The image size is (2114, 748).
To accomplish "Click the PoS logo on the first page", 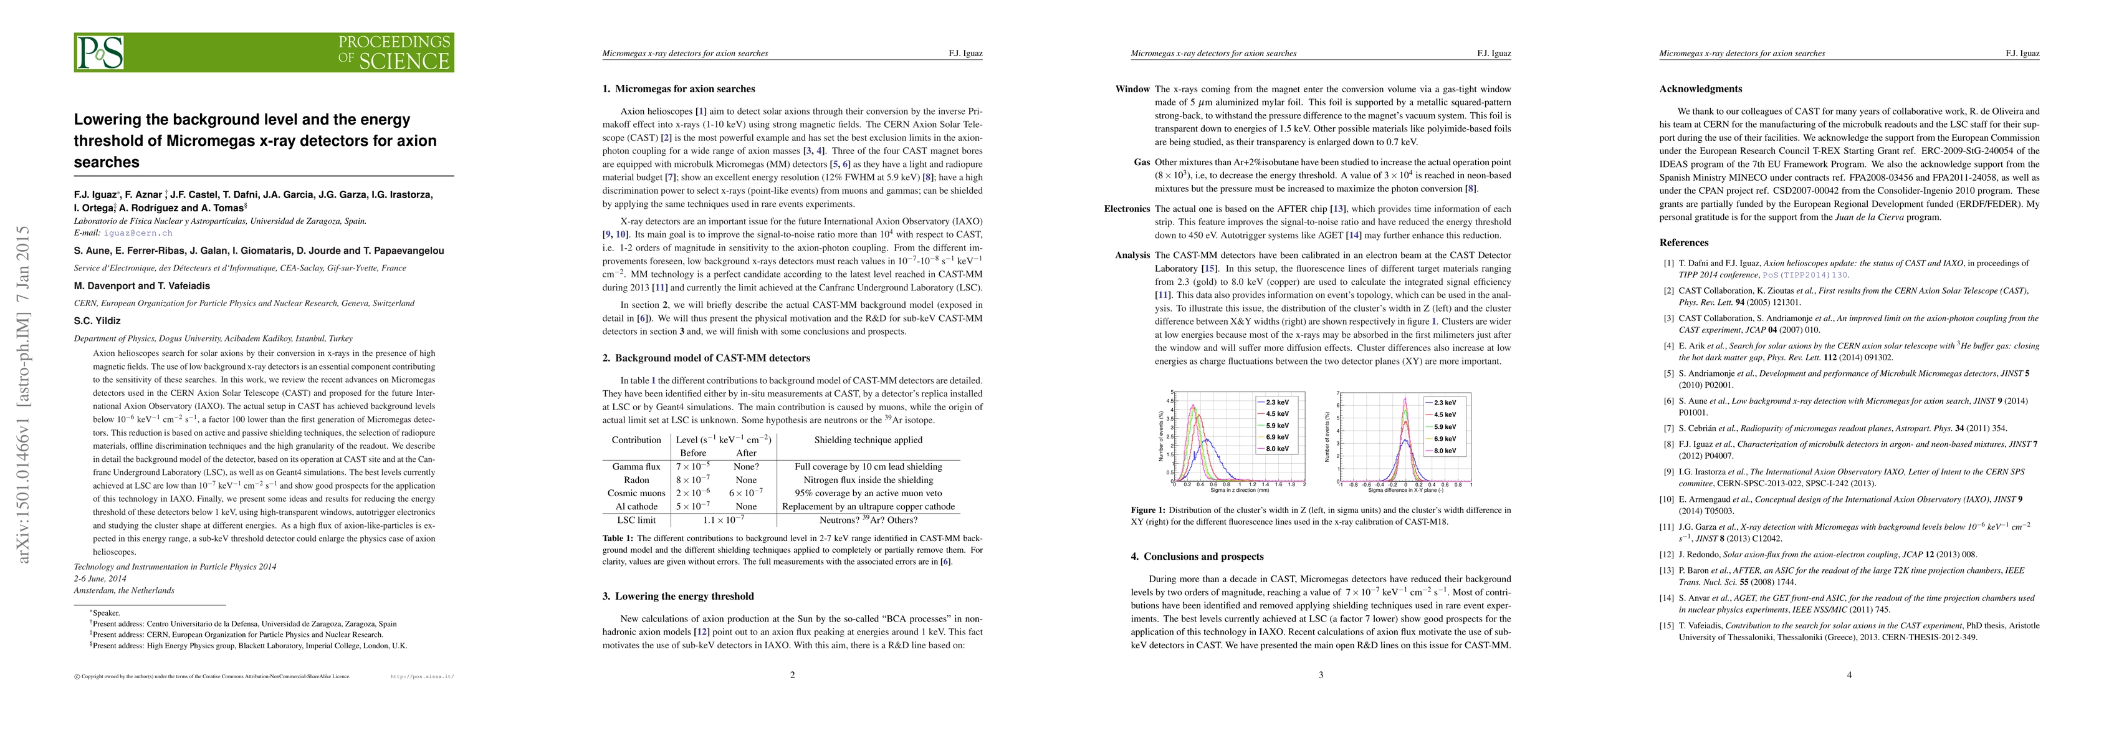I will tap(101, 52).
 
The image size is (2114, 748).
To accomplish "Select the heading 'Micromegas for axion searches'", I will tap(684, 89).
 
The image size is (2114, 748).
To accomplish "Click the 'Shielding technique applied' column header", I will tap(868, 439).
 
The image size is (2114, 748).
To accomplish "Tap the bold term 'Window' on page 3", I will tap(1132, 89).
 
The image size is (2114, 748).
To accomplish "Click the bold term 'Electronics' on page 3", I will tap(1127, 209).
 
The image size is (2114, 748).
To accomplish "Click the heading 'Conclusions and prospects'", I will tap(1203, 556).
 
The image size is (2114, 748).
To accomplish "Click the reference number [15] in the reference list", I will tap(1668, 626).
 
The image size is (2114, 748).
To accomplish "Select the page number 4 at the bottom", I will tap(1849, 675).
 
